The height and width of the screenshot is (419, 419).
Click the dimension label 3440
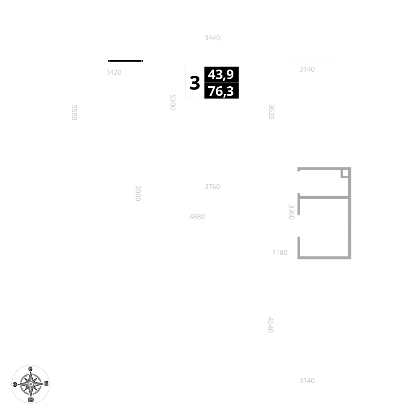pos(212,38)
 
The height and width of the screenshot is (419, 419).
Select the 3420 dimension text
pos(114,72)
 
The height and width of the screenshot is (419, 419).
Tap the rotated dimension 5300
pos(173,102)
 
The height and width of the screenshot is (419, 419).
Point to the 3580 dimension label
pos(74,112)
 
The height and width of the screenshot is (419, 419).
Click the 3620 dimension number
pos(272,112)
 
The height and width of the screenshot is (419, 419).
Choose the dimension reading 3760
pos(212,186)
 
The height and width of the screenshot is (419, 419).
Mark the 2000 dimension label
pos(138,193)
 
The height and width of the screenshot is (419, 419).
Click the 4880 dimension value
pos(197,217)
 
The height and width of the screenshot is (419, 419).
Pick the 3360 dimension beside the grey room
pos(292,212)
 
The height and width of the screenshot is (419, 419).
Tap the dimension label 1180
pos(280,252)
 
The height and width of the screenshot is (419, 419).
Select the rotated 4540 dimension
pos(271,325)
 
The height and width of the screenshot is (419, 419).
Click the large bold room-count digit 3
pos(195,83)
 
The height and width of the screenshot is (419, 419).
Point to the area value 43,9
pos(221,75)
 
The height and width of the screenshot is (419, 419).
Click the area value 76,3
pos(221,91)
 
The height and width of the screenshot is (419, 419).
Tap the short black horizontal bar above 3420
pos(125,61)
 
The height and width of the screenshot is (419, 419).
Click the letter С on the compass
pos(31,368)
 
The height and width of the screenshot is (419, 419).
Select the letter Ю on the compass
pos(31,400)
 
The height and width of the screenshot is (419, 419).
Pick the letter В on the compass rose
pos(47,383)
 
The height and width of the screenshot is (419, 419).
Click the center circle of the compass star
pos(31,384)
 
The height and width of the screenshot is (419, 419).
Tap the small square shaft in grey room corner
pos(344,173)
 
